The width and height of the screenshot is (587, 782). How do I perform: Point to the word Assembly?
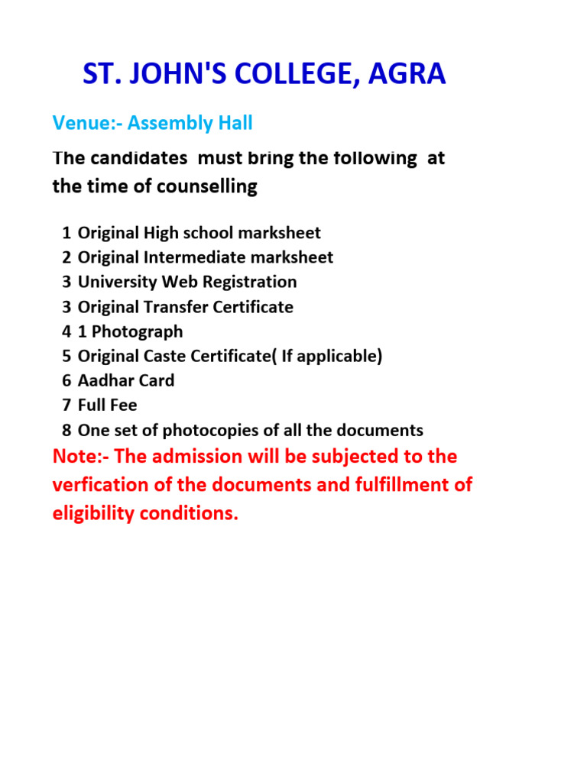[x=173, y=122]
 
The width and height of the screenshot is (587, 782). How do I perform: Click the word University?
[x=115, y=282]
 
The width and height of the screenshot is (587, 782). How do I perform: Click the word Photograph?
[x=138, y=332]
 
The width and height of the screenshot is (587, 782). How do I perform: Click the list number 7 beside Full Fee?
[x=67, y=405]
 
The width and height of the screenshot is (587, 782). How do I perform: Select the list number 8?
[x=67, y=430]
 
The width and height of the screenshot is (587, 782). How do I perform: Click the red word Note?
[x=74, y=457]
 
